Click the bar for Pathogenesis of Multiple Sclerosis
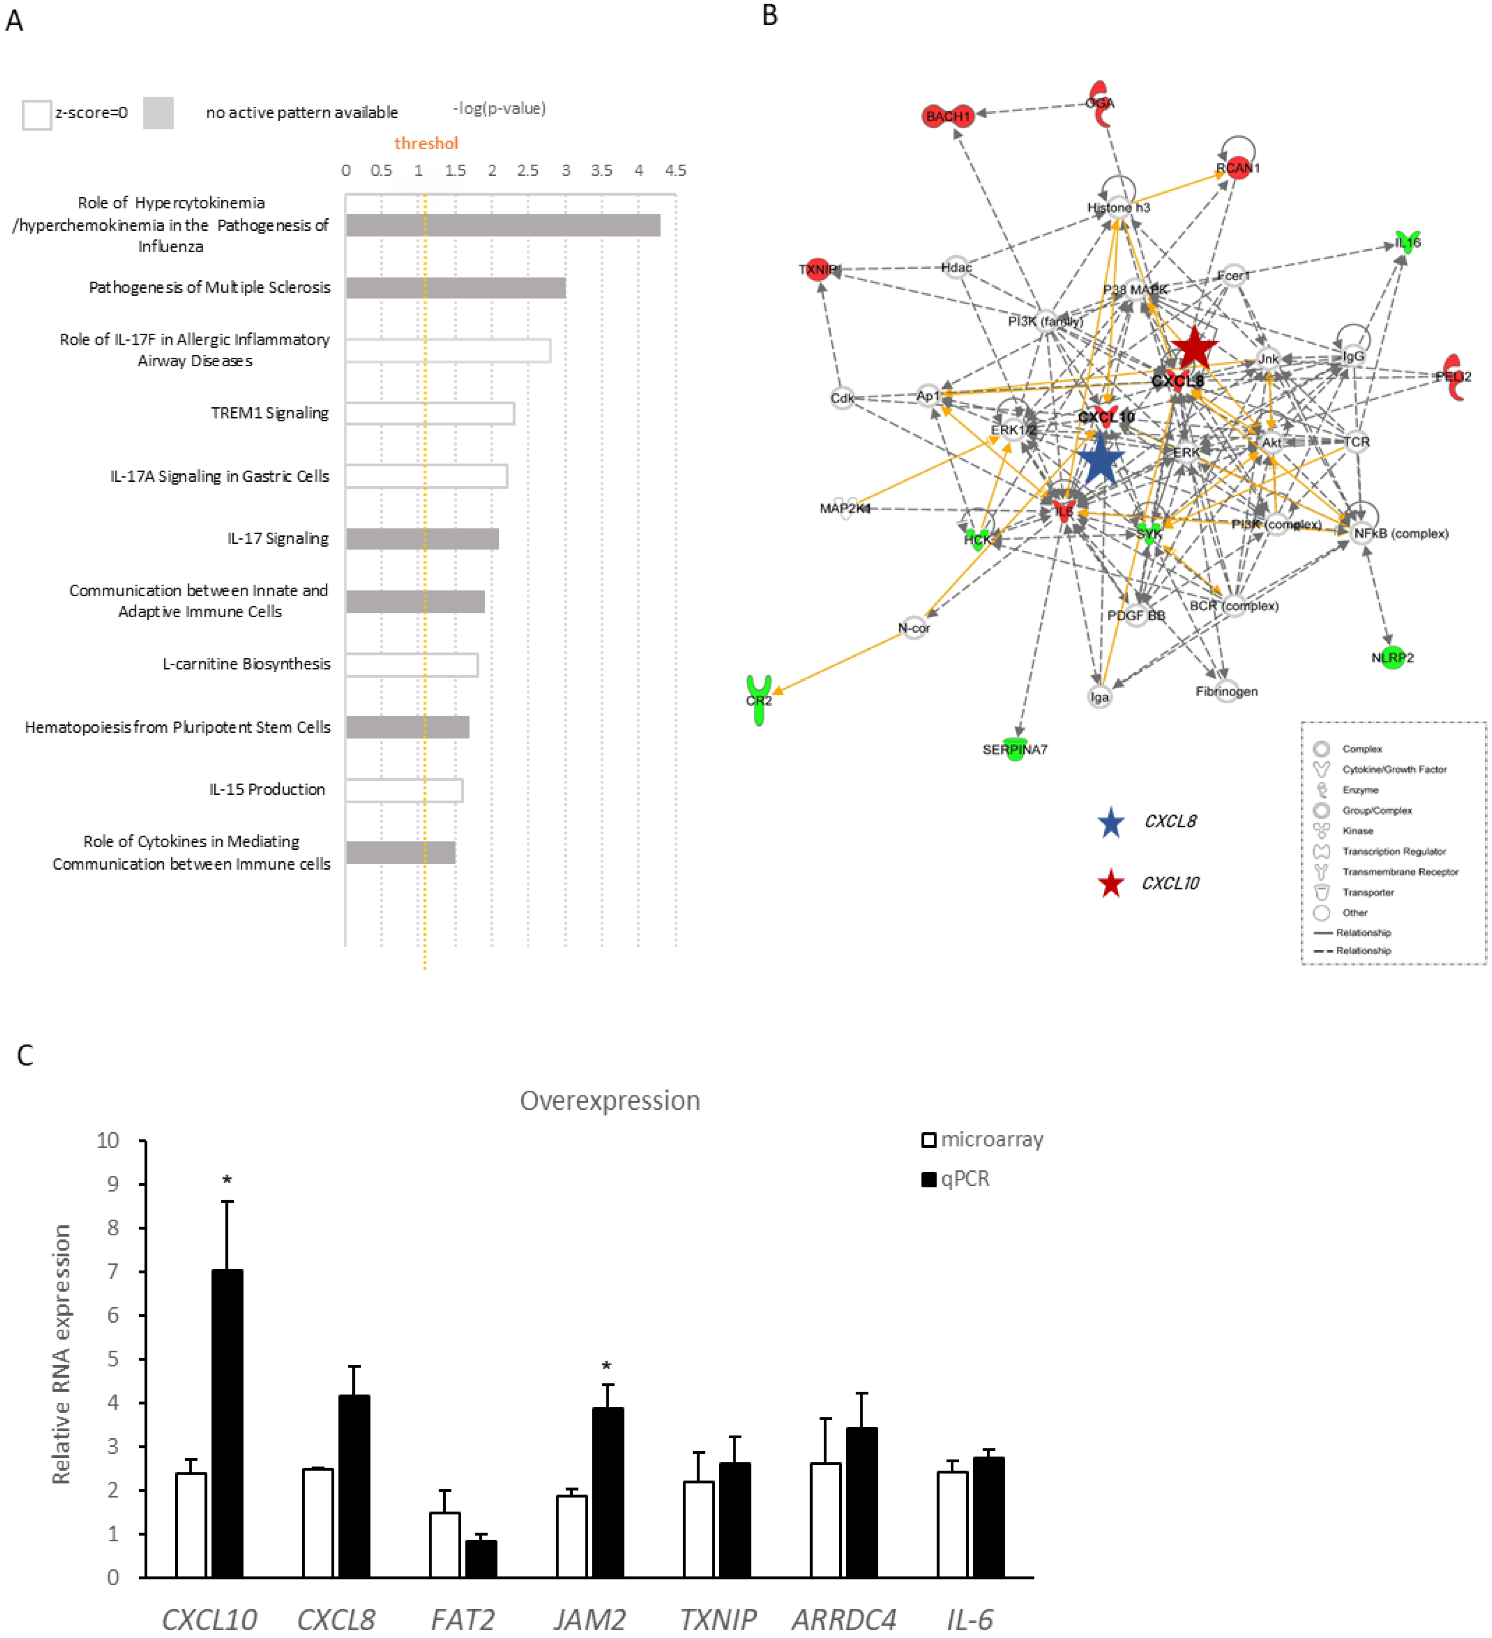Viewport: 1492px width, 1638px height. (455, 288)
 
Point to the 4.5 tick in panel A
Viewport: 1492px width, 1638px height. (675, 170)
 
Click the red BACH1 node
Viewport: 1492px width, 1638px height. (947, 116)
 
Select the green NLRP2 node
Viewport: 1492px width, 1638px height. (1392, 657)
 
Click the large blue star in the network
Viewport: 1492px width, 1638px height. (1101, 461)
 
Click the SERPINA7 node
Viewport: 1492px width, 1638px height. (1014, 749)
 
